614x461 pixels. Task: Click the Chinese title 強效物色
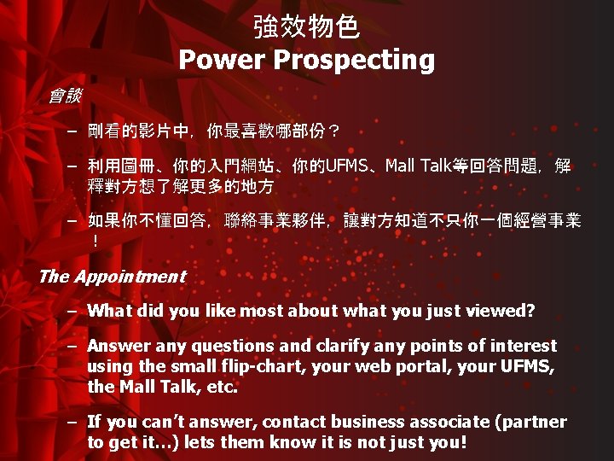pyautogui.click(x=306, y=27)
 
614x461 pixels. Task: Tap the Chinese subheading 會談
pyautogui.click(x=65, y=96)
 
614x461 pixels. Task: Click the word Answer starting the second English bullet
pyautogui.click(x=117, y=347)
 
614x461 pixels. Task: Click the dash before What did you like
pyautogui.click(x=74, y=312)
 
